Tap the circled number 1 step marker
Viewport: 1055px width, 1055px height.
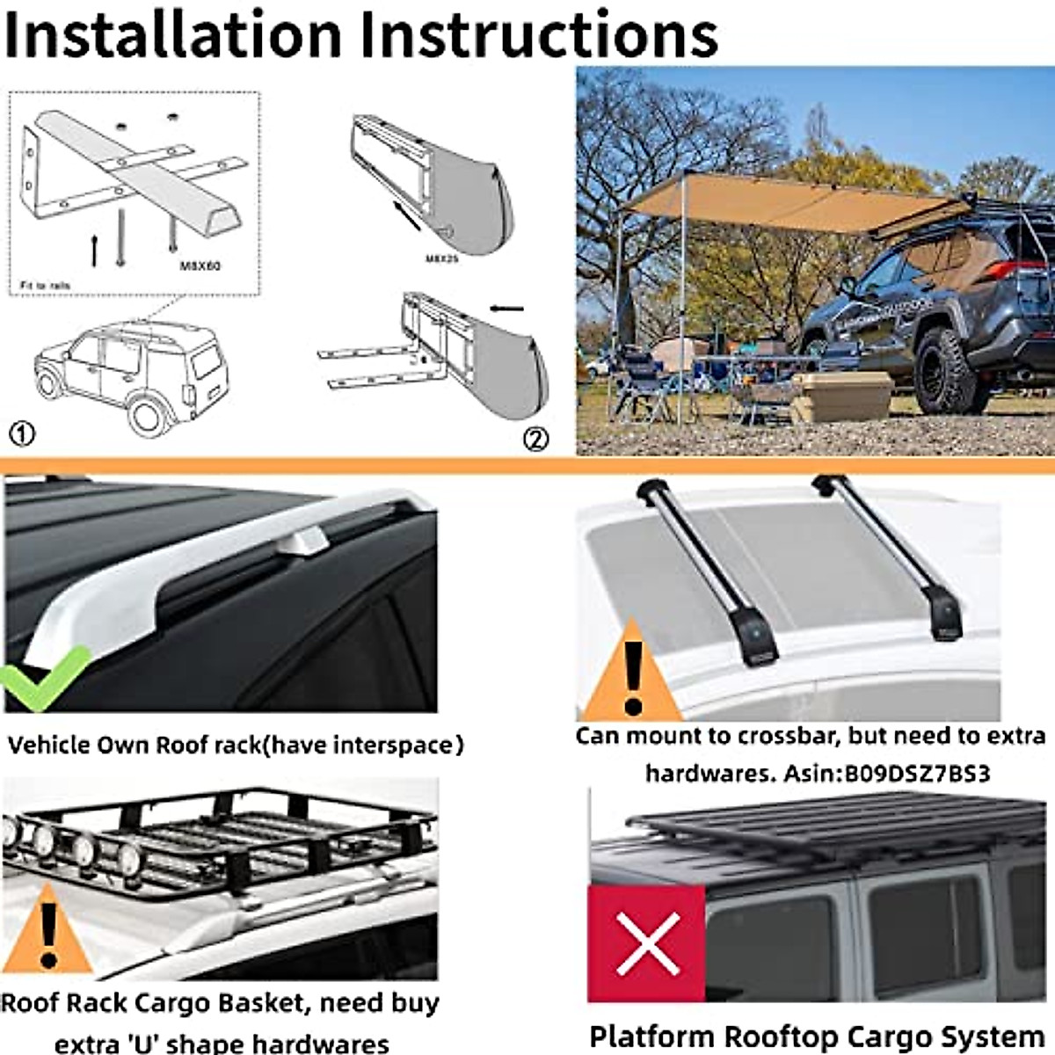click(x=22, y=433)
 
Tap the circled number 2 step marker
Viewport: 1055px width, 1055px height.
click(x=535, y=439)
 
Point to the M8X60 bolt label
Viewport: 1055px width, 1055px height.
click(x=200, y=266)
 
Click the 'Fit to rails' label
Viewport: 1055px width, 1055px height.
click(x=45, y=286)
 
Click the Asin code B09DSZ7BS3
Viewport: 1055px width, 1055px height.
click(x=917, y=774)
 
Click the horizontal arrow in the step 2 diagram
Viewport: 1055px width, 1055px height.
click(x=507, y=309)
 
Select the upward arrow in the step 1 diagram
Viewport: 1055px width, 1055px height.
click(x=95, y=251)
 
